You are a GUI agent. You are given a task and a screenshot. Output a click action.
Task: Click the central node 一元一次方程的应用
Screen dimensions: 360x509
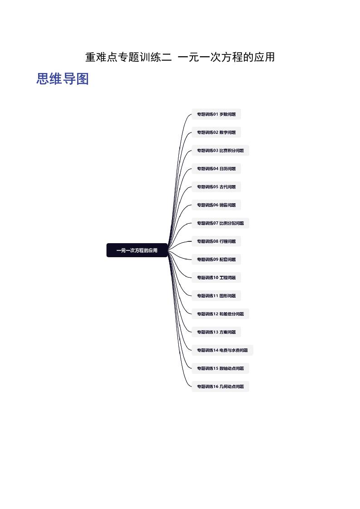pyautogui.click(x=137, y=250)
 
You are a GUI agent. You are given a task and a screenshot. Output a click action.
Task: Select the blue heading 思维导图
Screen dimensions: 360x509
pyautogui.click(x=62, y=79)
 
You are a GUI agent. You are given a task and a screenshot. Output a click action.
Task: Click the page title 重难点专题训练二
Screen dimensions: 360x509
pyautogui.click(x=128, y=57)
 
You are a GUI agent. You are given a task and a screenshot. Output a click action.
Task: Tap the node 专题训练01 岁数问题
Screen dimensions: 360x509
pyautogui.click(x=217, y=114)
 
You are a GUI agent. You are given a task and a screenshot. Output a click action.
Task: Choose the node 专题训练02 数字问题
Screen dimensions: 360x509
pyautogui.click(x=217, y=132)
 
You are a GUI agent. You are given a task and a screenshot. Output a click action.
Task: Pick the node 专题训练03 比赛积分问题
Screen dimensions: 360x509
pyautogui.click(x=220, y=151)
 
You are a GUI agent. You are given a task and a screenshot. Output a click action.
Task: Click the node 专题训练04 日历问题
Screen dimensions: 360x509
pyautogui.click(x=217, y=169)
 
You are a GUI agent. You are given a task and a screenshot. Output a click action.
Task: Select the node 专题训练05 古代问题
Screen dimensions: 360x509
pyautogui.click(x=217, y=187)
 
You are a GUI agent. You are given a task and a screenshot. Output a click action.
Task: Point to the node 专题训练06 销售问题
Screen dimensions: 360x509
pyautogui.click(x=217, y=205)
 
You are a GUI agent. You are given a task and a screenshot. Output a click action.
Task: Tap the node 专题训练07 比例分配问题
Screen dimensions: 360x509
pyautogui.click(x=220, y=223)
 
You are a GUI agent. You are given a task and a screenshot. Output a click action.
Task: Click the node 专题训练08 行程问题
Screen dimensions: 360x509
pyautogui.click(x=217, y=241)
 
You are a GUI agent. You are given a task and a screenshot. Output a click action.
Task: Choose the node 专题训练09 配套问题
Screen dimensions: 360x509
pyautogui.click(x=217, y=259)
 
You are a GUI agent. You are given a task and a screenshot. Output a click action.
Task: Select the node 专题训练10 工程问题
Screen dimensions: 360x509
pyautogui.click(x=217, y=278)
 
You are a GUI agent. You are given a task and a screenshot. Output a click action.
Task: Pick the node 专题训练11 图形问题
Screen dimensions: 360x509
pyautogui.click(x=217, y=296)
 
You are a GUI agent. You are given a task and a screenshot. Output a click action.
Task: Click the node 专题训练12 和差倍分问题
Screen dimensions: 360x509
pyautogui.click(x=220, y=314)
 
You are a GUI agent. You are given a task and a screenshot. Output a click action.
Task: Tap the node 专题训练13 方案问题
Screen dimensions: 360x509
pyautogui.click(x=217, y=332)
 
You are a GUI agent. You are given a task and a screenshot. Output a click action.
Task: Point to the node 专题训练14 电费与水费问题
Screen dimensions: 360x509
pyautogui.click(x=222, y=350)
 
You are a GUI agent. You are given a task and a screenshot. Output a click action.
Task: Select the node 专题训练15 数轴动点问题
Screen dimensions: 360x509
pyautogui.click(x=220, y=368)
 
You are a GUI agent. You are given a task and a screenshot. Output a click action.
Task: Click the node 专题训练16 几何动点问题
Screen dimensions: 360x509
pyautogui.click(x=220, y=387)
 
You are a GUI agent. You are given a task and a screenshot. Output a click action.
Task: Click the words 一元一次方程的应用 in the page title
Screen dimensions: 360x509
pyautogui.click(x=226, y=57)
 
